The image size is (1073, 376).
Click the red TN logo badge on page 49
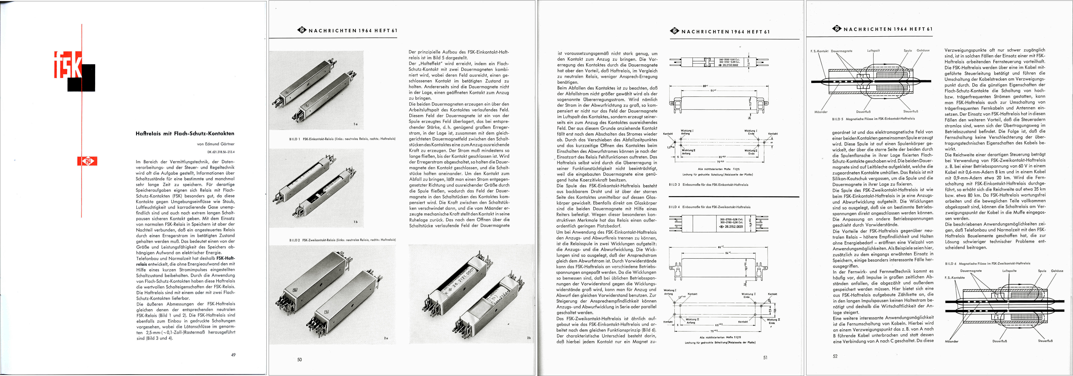pyautogui.click(x=87, y=161)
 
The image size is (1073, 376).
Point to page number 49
pyautogui.click(x=233, y=355)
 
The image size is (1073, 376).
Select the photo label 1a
pyautogui.click(x=355, y=124)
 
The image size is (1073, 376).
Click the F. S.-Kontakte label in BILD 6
pyautogui.click(x=955, y=277)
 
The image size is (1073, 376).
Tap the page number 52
pyautogui.click(x=835, y=356)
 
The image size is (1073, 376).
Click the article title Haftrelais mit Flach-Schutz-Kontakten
pyautogui.click(x=185, y=133)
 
